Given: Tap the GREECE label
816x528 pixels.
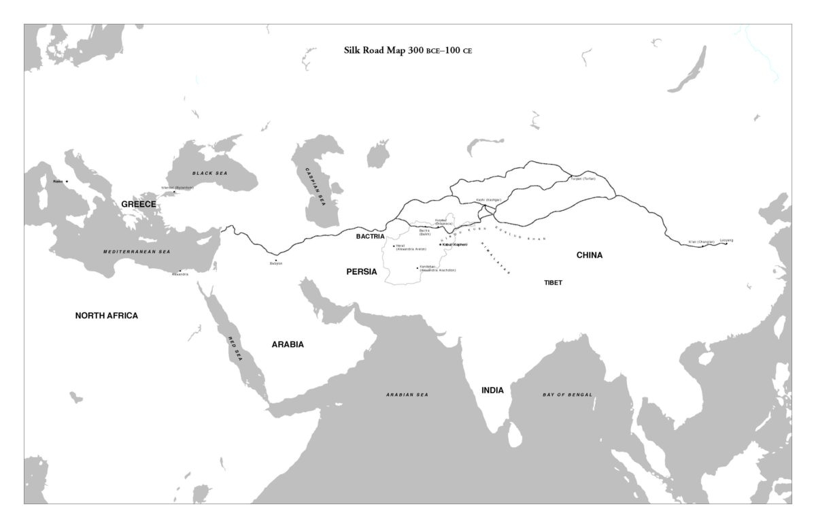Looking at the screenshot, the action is pos(139,204).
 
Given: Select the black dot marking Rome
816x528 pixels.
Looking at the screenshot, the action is pos(67,182).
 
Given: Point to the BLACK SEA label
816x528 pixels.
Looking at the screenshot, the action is pos(209,174).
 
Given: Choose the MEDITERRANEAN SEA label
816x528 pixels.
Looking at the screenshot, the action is pos(136,252).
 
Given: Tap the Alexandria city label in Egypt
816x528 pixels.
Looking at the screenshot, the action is pos(180,274).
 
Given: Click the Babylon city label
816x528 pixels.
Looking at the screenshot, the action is pos(276,263).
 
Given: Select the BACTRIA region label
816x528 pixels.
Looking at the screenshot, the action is pos(371,237).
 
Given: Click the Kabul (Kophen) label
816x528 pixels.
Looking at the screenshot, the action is pos(455,244).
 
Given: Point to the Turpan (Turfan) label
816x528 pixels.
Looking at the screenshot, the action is pos(583,178).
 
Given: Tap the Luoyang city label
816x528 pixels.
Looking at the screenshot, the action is pos(726,240).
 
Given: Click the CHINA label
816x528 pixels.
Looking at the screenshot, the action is pos(590,255).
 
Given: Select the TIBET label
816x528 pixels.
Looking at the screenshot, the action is pos(553,282).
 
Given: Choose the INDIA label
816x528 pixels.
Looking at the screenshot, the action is pos(492,391).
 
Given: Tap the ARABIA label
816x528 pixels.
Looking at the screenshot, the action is pos(288,344).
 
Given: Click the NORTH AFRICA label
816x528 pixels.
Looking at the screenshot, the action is pos(107,316).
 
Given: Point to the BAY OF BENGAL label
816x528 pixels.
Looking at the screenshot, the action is pos(567,395).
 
